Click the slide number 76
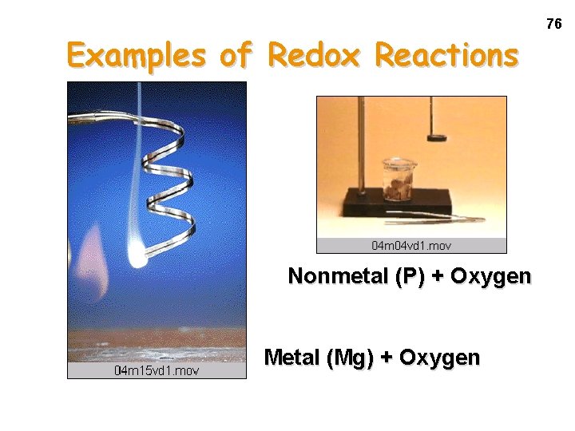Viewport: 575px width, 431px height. coord(553,25)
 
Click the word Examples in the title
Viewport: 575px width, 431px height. coord(128,56)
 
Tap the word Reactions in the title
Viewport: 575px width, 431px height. coord(446,56)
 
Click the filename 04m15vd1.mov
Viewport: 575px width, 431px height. coord(157,370)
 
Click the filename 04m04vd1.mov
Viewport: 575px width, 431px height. coord(411,245)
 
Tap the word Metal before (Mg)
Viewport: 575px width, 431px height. coord(292,358)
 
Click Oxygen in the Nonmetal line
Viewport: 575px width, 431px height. coord(490,276)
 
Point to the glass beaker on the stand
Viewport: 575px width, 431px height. coord(398,180)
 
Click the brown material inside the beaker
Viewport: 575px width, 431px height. coord(399,190)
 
